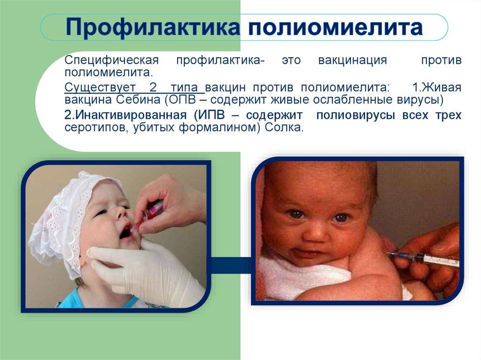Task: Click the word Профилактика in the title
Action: pyautogui.click(x=152, y=28)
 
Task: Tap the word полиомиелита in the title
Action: pyautogui.click(x=336, y=28)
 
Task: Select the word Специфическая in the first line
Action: pyautogui.click(x=112, y=61)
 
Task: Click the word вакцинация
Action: pyautogui.click(x=352, y=61)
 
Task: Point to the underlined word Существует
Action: pyautogui.click(x=100, y=88)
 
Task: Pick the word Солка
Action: pyautogui.click(x=284, y=128)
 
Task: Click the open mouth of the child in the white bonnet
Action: pyautogui.click(x=126, y=232)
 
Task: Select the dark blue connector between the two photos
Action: pyautogui.click(x=231, y=266)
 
